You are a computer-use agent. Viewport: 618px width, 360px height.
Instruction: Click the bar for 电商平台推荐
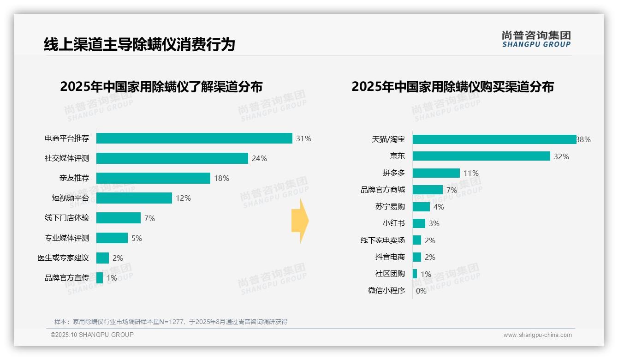pos(194,138)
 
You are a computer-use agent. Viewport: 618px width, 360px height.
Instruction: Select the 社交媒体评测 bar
pos(172,158)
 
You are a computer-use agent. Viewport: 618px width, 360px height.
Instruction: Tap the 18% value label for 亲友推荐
pos(221,178)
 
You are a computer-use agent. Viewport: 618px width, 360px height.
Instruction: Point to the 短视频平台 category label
pos(70,198)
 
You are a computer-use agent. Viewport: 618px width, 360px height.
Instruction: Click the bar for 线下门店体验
pos(119,218)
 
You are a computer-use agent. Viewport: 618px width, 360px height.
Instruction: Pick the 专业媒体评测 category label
pos(67,238)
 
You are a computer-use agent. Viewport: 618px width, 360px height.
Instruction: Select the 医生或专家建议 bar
pos(102,258)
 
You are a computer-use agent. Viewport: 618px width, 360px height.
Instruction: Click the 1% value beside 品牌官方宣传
pos(112,278)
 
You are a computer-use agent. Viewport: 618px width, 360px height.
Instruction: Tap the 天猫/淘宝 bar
pos(494,139)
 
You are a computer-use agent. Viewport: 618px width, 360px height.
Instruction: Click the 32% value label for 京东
pos(561,156)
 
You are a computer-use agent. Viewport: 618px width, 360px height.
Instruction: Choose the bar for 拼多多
pos(436,173)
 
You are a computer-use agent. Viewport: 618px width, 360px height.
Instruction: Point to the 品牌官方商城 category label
pos(382,190)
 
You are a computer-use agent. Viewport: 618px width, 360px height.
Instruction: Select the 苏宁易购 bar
pos(421,207)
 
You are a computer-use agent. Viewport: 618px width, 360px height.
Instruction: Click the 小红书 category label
pos(393,223)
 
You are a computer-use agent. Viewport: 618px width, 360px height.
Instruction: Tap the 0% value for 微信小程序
pos(421,291)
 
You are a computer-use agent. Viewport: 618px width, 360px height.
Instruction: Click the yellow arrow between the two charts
pos(300,221)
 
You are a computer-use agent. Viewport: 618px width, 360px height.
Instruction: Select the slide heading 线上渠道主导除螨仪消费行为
pos(139,44)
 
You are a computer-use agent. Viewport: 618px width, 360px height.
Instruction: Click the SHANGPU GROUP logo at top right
pos(536,39)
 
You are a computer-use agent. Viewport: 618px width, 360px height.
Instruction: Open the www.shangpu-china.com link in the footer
pos(537,335)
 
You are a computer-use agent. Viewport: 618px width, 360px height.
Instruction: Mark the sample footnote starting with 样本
pos(171,322)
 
